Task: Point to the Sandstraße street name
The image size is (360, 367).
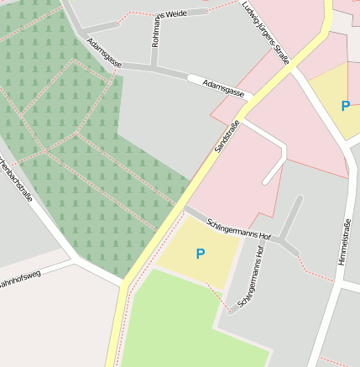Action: click(x=227, y=136)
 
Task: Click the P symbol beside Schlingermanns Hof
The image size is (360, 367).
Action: click(x=200, y=254)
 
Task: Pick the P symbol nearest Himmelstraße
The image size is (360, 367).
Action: click(x=345, y=107)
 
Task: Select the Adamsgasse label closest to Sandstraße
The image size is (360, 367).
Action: click(x=223, y=88)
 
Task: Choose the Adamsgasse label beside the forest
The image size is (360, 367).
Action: click(x=105, y=66)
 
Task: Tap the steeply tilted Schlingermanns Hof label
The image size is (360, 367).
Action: click(x=251, y=276)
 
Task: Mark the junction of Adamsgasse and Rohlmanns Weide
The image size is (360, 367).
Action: click(x=154, y=66)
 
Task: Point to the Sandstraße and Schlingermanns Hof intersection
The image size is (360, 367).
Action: click(x=184, y=207)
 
